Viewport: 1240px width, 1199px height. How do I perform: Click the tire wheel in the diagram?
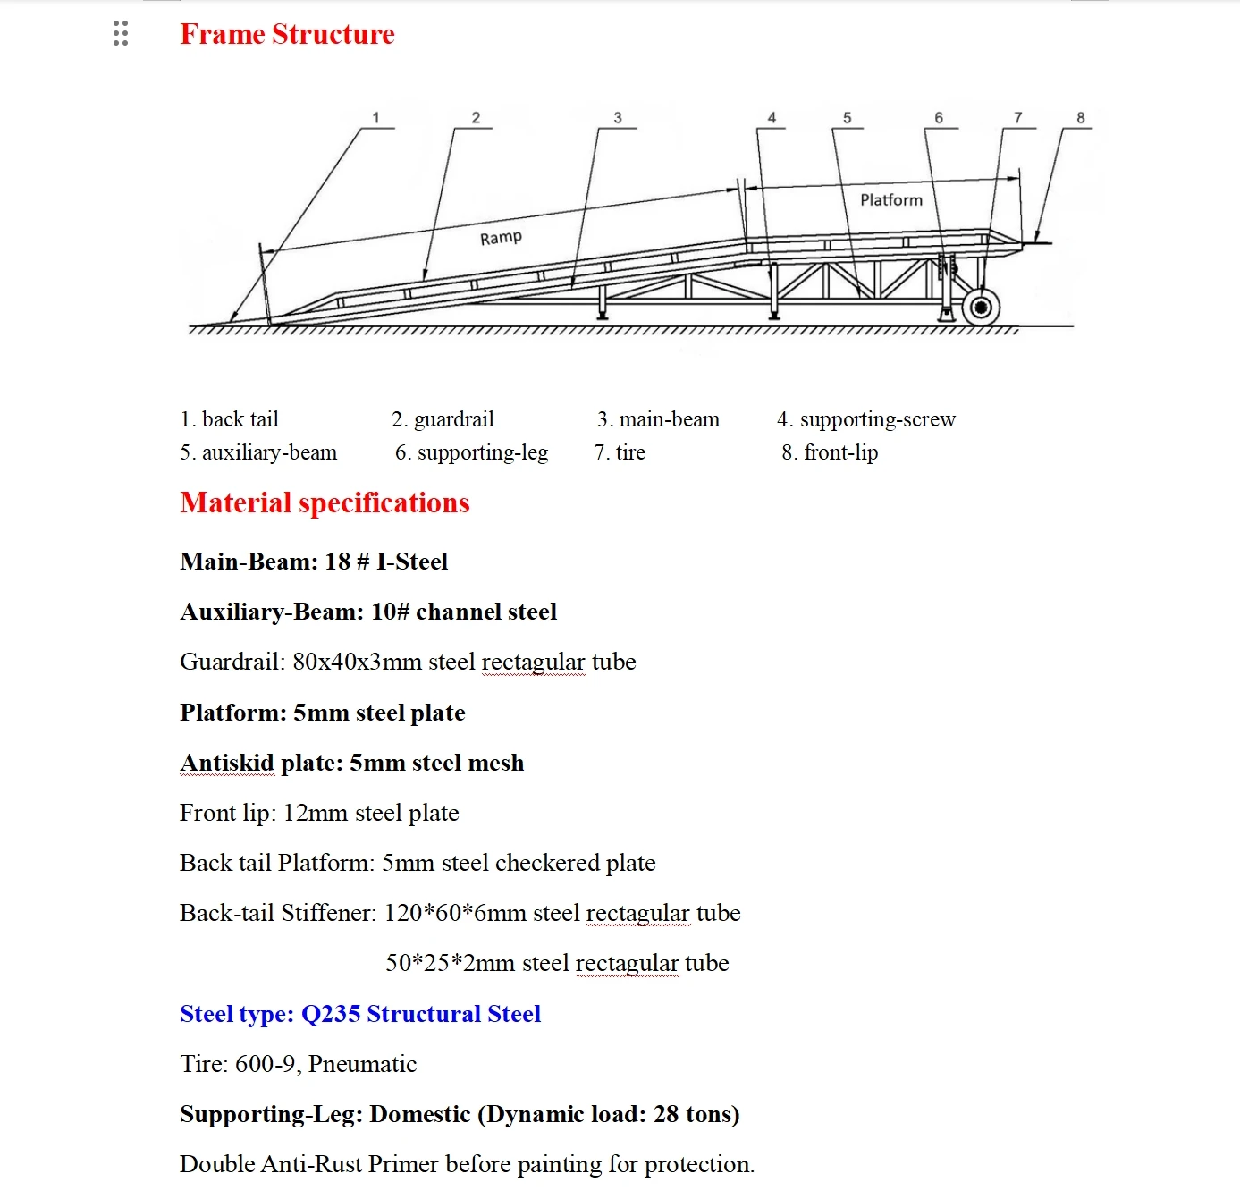(x=981, y=308)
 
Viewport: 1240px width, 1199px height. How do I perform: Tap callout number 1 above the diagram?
(x=375, y=118)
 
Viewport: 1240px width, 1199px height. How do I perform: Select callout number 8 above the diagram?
(x=1080, y=118)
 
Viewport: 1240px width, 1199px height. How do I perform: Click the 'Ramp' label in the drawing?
(x=501, y=238)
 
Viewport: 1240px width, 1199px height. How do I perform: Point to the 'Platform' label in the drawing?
(x=890, y=200)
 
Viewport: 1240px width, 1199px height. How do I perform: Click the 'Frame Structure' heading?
(x=287, y=34)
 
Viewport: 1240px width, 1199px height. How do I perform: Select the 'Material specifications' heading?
(x=325, y=502)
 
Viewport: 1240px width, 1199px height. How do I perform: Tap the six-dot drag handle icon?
(x=121, y=34)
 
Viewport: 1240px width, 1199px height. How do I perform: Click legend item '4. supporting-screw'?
(x=865, y=419)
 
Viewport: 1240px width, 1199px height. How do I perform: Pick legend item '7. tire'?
(x=620, y=452)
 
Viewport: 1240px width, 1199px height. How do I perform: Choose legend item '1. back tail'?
(x=229, y=419)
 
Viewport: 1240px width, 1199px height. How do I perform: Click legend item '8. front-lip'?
(x=830, y=452)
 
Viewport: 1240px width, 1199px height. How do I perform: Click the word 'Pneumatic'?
(x=362, y=1064)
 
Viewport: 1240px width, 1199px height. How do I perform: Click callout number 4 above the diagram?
(x=772, y=118)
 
